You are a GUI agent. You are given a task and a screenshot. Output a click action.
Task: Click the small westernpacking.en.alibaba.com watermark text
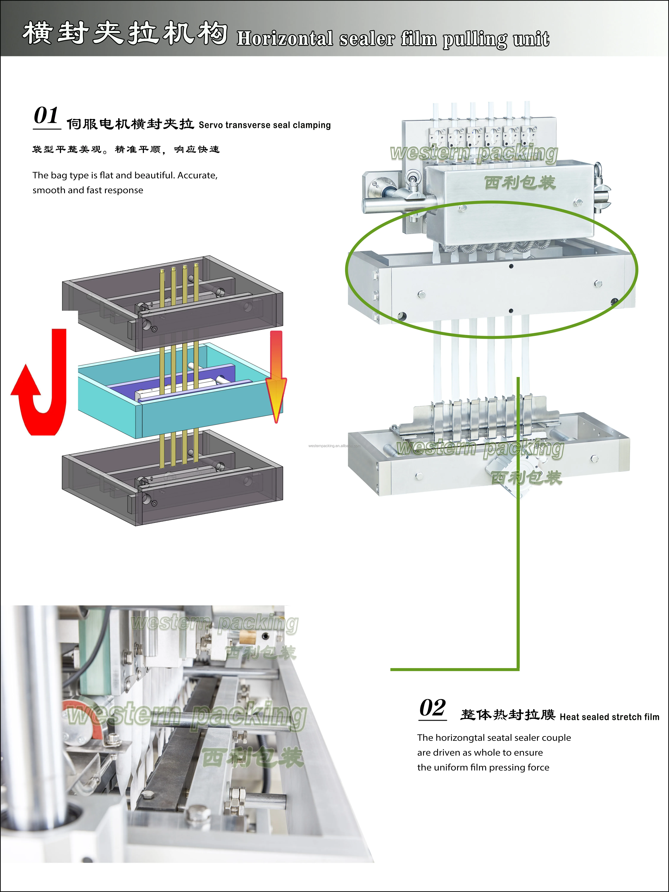334,446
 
